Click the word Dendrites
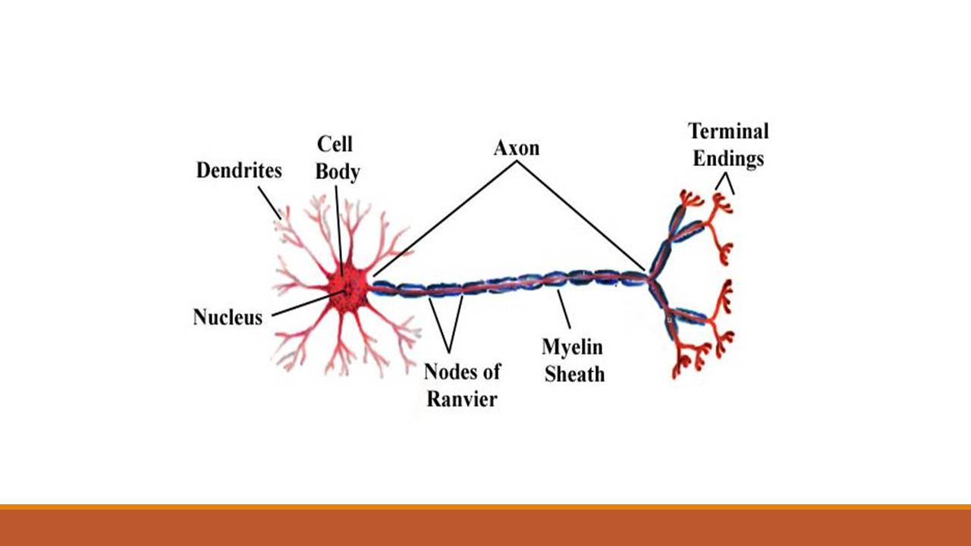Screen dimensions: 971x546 (x=239, y=171)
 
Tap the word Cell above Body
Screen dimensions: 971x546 (x=335, y=144)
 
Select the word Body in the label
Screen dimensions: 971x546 (x=337, y=172)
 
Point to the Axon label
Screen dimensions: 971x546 (x=517, y=148)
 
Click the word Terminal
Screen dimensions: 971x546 (x=728, y=131)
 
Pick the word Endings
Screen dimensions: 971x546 (x=727, y=159)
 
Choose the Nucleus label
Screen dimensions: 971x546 (x=228, y=317)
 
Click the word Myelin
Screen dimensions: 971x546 (x=572, y=347)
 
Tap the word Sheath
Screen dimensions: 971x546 (x=573, y=374)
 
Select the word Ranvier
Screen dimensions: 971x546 (x=461, y=399)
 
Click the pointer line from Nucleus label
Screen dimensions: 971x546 (x=303, y=306)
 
